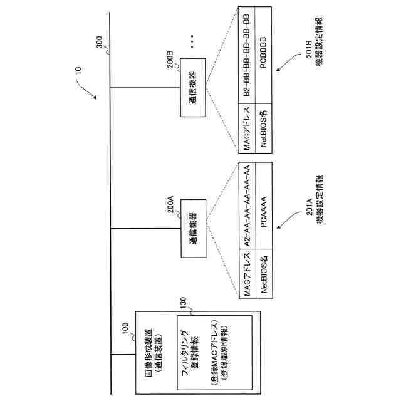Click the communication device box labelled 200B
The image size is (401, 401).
[x=190, y=88]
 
